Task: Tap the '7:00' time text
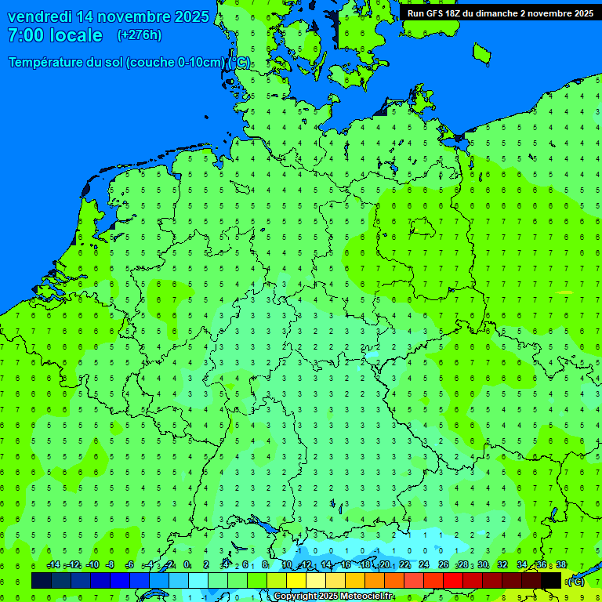26,35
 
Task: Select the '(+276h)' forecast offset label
140,35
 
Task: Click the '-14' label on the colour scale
53,565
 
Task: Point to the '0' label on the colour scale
187,565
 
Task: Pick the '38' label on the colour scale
560,565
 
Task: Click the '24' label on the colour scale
424,565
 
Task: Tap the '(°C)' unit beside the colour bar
576,581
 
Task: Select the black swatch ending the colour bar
551,580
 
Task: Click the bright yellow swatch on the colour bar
296,580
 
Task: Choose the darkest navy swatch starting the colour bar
42,580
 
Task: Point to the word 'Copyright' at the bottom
295,597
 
